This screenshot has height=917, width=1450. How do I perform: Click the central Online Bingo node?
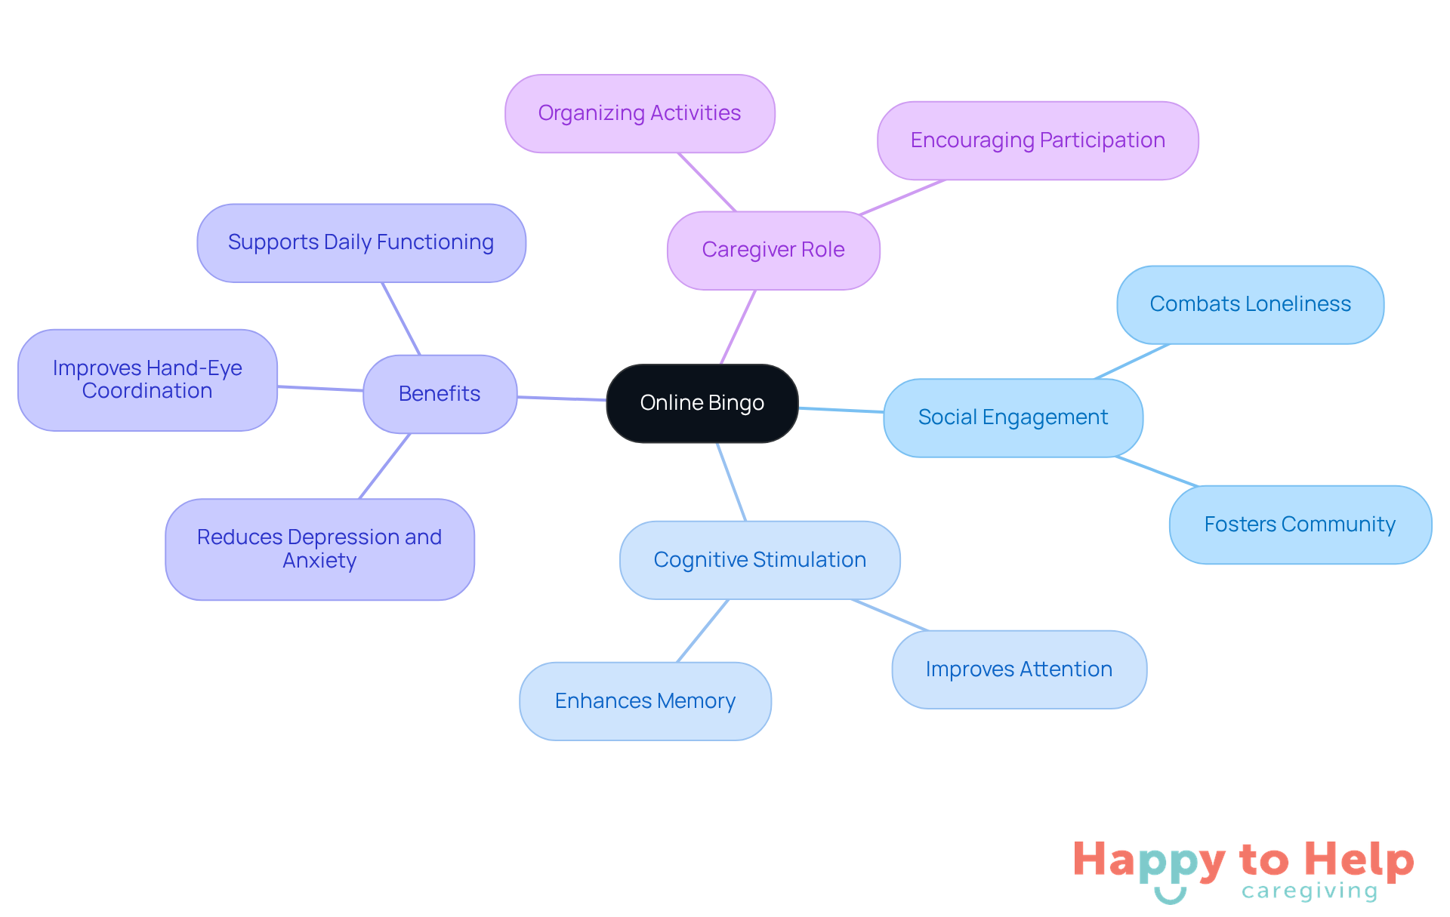702,403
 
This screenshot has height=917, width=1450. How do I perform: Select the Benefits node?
440,394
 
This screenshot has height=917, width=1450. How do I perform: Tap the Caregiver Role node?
773,250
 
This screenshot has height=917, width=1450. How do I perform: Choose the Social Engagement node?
1013,417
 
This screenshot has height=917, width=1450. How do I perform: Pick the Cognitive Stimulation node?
760,560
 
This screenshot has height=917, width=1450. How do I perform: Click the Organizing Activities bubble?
640,113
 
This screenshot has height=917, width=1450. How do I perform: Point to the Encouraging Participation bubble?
1038,140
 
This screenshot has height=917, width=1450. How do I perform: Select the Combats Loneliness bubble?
1250,304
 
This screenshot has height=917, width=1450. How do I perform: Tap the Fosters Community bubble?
1300,525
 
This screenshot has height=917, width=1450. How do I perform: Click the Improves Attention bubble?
1019,669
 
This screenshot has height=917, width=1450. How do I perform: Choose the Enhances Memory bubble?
645,701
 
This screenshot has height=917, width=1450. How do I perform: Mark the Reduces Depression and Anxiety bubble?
319,549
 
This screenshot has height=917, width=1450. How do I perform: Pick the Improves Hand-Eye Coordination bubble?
147,380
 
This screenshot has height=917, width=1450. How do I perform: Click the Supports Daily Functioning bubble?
361,242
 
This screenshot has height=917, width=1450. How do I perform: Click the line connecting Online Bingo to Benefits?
562,398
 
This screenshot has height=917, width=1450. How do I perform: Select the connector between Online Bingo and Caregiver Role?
738,327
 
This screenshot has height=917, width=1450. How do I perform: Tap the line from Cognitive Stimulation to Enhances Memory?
703,631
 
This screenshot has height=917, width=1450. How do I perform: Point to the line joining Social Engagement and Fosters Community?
1156,472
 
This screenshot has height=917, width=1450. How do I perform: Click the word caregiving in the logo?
1310,891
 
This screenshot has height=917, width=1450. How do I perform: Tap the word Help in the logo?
1359,860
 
